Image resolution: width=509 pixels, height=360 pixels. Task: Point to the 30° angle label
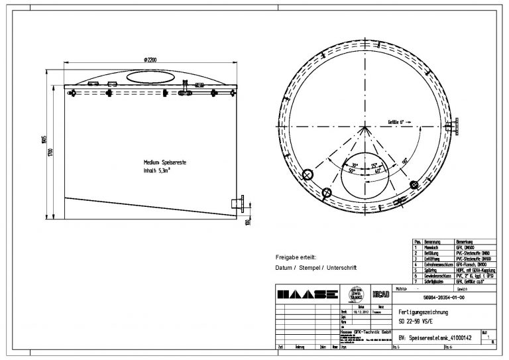coord(355,165)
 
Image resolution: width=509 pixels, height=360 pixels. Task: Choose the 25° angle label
coord(374,165)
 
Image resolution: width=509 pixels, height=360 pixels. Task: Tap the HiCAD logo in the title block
coord(380,294)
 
